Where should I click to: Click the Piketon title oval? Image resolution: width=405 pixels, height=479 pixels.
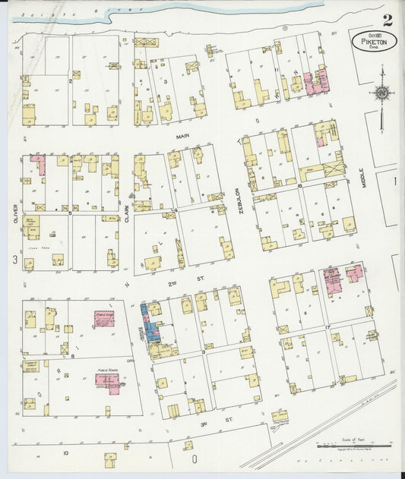click(x=374, y=41)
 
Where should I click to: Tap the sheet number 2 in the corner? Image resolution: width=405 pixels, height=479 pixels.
click(x=388, y=20)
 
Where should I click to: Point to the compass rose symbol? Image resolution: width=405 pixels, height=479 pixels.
click(x=381, y=93)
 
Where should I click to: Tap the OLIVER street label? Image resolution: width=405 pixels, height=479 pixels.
click(x=14, y=212)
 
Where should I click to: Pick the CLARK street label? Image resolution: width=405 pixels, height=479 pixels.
click(x=127, y=212)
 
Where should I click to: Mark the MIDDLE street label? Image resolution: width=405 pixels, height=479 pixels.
click(x=363, y=179)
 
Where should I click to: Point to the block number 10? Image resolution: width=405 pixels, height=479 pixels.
click(x=66, y=452)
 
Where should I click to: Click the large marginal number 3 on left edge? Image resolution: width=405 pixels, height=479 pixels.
click(x=14, y=260)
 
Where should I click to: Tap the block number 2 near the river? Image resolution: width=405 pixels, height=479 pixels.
click(x=71, y=79)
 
